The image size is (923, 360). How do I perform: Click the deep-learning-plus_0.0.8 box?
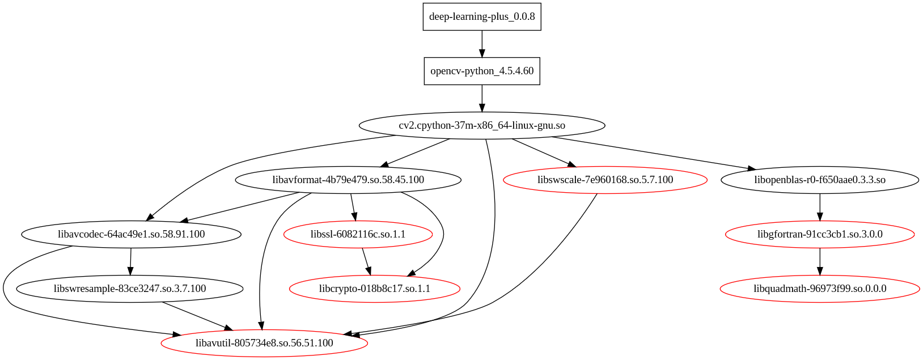pyautogui.click(x=482, y=16)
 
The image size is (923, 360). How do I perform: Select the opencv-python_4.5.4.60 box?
pyautogui.click(x=482, y=71)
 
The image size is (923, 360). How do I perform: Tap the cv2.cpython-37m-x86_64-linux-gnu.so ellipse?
pyautogui.click(x=482, y=125)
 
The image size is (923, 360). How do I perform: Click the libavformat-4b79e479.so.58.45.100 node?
pyautogui.click(x=348, y=180)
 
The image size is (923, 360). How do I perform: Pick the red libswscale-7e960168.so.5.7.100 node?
pyautogui.click(x=605, y=180)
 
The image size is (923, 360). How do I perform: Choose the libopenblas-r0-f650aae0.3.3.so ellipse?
pyautogui.click(x=820, y=180)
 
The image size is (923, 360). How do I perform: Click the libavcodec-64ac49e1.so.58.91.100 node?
pyautogui.click(x=131, y=234)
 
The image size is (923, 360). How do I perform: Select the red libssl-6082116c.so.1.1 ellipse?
pyautogui.click(x=358, y=234)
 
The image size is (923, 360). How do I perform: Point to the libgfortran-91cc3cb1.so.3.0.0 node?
pyautogui.click(x=820, y=234)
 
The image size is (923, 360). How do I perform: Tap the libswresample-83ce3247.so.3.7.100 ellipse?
pyautogui.click(x=130, y=289)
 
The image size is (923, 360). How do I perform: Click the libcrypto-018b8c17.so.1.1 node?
pyautogui.click(x=374, y=289)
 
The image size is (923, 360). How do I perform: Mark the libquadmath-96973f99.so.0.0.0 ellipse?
pyautogui.click(x=820, y=289)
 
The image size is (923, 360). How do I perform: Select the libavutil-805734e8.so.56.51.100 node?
pyautogui.click(x=264, y=343)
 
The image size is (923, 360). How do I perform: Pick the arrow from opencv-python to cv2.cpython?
pyautogui.click(x=482, y=98)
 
